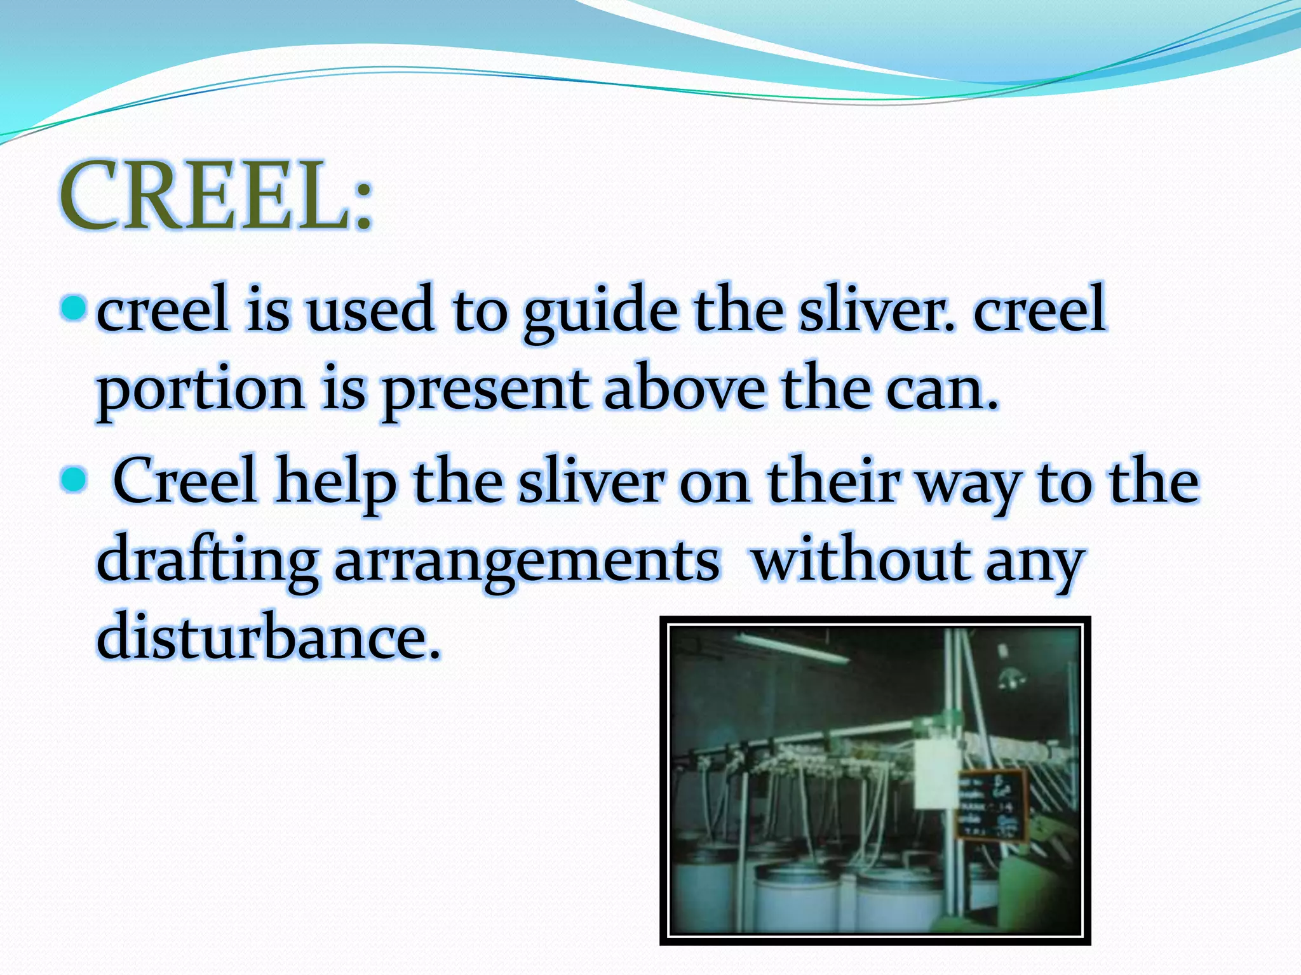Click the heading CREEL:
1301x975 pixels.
[216, 195]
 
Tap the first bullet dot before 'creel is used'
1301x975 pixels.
[74, 308]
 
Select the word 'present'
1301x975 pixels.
[485, 390]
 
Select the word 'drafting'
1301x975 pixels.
[207, 562]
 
